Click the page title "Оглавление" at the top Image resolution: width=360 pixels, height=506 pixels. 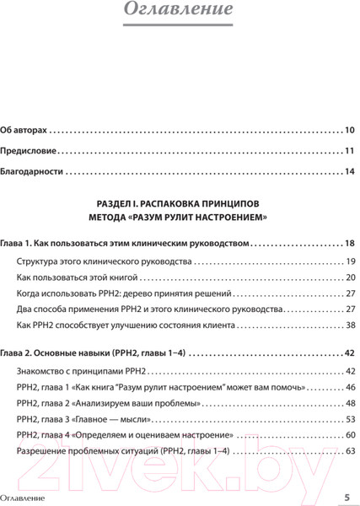pyautogui.click(x=179, y=11)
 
